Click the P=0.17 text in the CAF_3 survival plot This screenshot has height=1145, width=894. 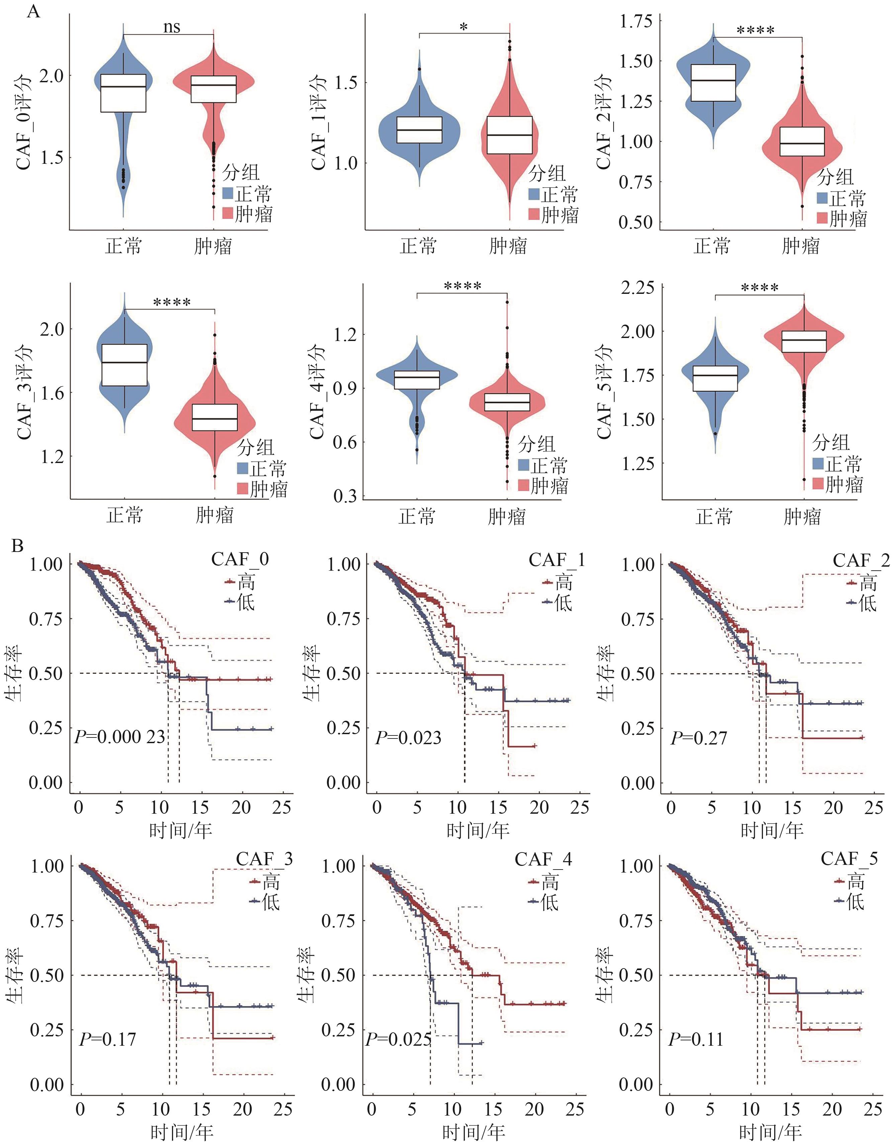107,1039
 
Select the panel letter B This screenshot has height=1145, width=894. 17,546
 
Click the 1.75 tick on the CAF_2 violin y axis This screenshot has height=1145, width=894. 636,21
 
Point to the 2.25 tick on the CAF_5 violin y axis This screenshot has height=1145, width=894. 637,287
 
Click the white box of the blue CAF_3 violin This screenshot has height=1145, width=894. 124,365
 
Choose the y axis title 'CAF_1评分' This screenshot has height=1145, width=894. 319,122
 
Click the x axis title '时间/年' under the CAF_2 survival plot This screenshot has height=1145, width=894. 772,830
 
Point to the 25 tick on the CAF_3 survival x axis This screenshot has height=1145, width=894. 284,1109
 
